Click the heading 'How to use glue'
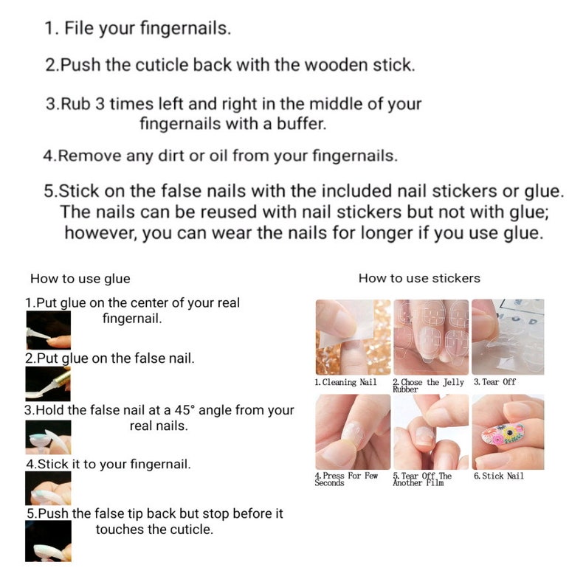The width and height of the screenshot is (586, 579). click(x=80, y=279)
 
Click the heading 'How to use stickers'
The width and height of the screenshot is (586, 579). click(x=418, y=278)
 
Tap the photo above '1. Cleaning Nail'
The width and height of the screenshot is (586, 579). click(x=352, y=337)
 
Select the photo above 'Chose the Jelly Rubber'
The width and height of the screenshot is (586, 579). click(x=430, y=337)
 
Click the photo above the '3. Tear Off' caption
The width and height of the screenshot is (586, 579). click(x=508, y=337)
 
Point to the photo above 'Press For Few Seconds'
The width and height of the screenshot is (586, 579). click(x=352, y=431)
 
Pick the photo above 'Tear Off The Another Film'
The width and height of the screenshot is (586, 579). click(x=430, y=431)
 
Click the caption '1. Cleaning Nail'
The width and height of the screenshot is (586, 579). click(x=345, y=382)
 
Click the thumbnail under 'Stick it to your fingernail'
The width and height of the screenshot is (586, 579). click(x=48, y=488)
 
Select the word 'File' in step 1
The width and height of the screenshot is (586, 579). click(x=79, y=29)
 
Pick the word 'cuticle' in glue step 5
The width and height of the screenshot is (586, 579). click(x=189, y=530)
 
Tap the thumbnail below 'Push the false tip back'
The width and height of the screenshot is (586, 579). click(x=48, y=541)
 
